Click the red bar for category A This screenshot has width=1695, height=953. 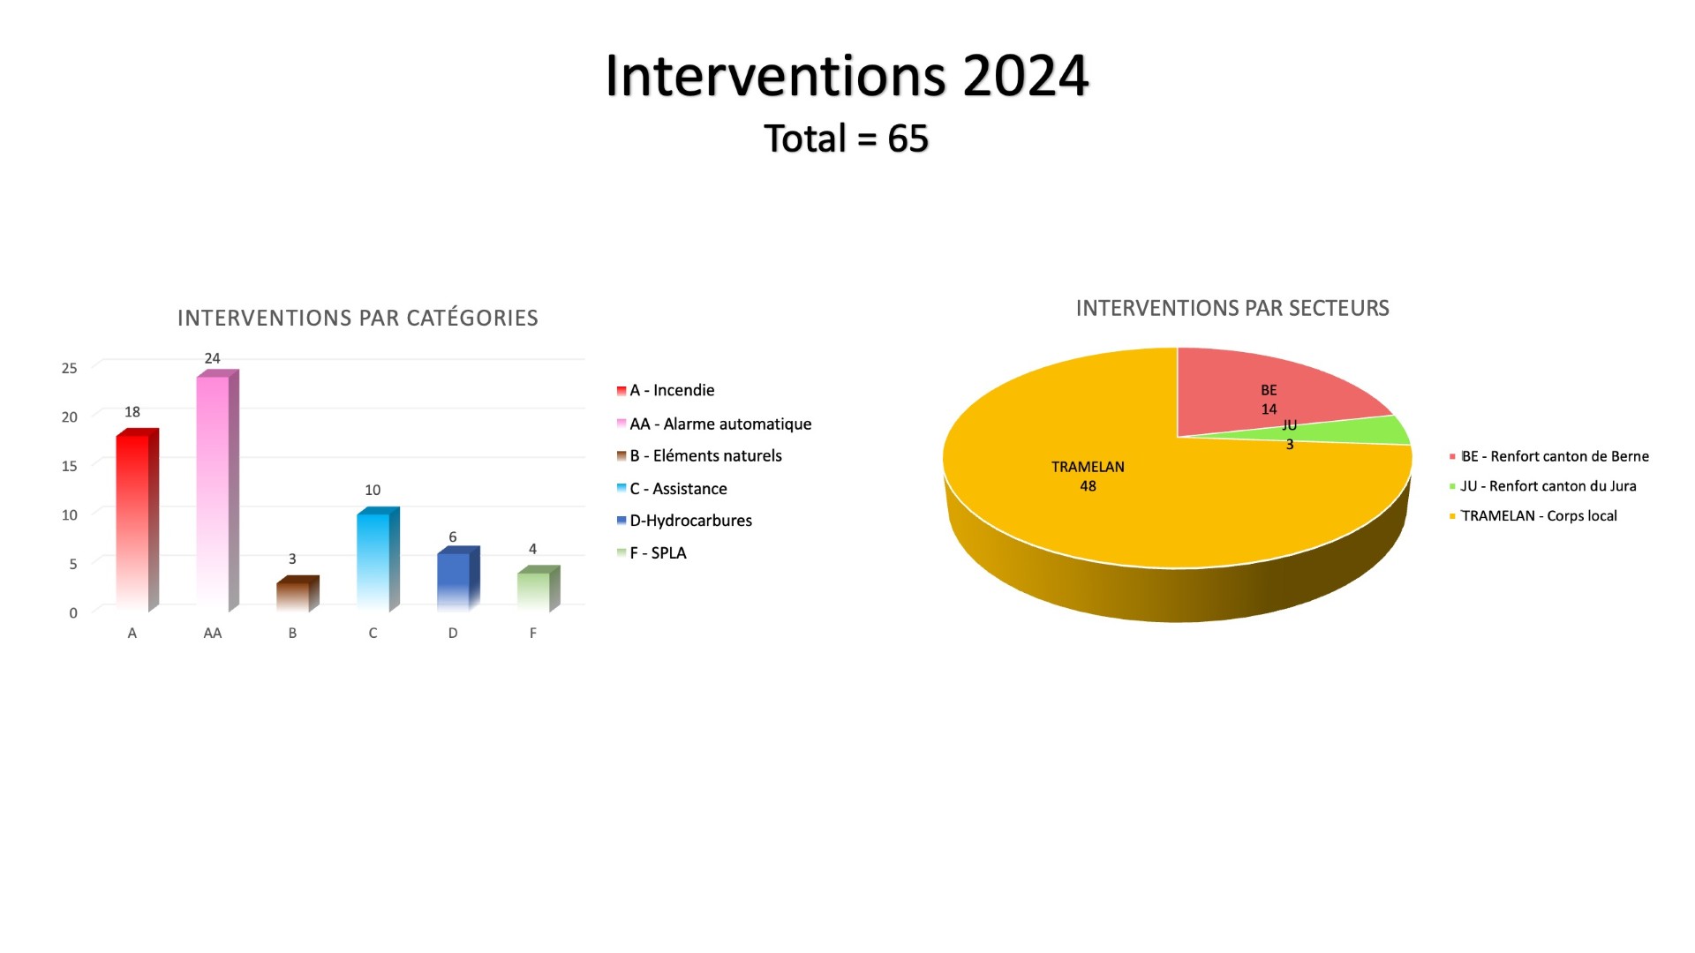click(137, 520)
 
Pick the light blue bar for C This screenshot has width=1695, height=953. click(378, 559)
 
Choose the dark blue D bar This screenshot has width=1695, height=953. click(458, 579)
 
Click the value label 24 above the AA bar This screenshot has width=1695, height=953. click(212, 358)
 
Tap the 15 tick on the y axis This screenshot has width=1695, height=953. click(69, 466)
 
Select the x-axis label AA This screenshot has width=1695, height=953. click(212, 633)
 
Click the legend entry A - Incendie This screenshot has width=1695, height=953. click(666, 390)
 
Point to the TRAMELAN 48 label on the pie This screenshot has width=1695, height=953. click(1088, 476)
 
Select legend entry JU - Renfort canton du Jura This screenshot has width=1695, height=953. click(1542, 486)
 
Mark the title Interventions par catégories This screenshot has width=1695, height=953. click(358, 318)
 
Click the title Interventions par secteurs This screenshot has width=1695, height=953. click(1232, 308)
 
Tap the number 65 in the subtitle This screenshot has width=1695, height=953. click(908, 139)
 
